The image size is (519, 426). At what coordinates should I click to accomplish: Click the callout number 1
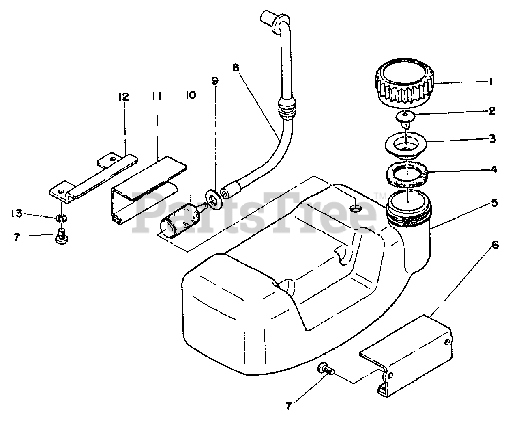pos(491,82)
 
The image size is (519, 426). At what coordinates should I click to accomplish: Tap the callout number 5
pos(493,202)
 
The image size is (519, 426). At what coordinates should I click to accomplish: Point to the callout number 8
pos(236,67)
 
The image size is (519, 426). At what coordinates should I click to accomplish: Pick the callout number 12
pos(123,97)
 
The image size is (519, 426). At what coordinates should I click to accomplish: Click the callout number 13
pos(17,214)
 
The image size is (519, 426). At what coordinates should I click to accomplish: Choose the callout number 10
pos(191,95)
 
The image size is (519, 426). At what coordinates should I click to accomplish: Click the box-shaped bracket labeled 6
pos(410,357)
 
